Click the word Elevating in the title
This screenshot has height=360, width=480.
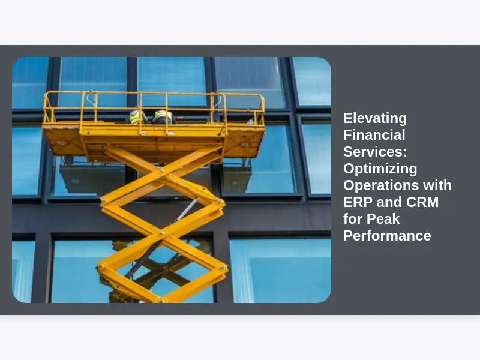click(x=375, y=118)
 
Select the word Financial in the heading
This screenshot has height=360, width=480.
click(x=374, y=135)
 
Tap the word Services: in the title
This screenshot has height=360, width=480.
click(x=375, y=152)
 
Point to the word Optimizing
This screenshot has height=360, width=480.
click(x=380, y=169)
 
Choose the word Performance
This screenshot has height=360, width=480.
click(x=387, y=236)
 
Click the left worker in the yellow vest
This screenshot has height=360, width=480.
click(x=137, y=116)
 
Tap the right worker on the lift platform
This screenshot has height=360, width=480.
click(x=163, y=117)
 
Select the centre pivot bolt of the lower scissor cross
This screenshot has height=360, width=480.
click(x=161, y=233)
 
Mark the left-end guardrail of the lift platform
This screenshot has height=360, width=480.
click(x=49, y=108)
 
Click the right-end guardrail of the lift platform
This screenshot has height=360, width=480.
click(x=260, y=109)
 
